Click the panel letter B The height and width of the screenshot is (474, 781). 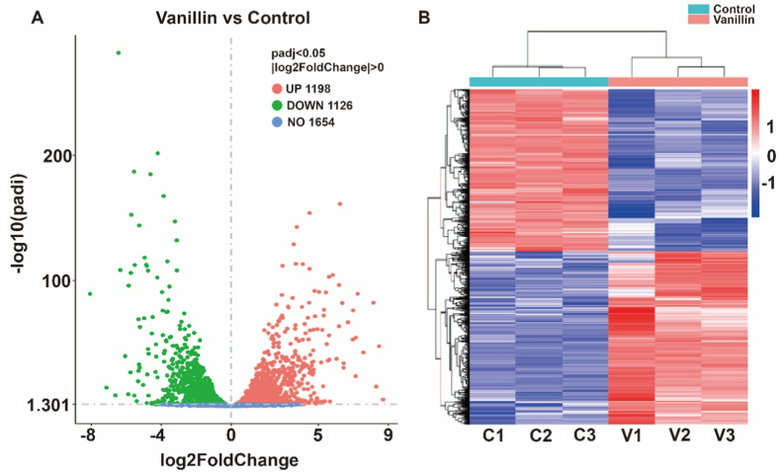(x=425, y=18)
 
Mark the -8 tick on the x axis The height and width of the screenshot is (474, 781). (x=90, y=434)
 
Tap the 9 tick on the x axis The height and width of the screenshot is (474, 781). (x=389, y=434)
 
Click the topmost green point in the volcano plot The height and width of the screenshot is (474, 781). (x=119, y=52)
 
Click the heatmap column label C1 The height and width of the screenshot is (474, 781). (x=491, y=434)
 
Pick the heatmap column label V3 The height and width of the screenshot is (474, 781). (x=725, y=434)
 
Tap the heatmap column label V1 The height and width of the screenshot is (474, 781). (x=631, y=434)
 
